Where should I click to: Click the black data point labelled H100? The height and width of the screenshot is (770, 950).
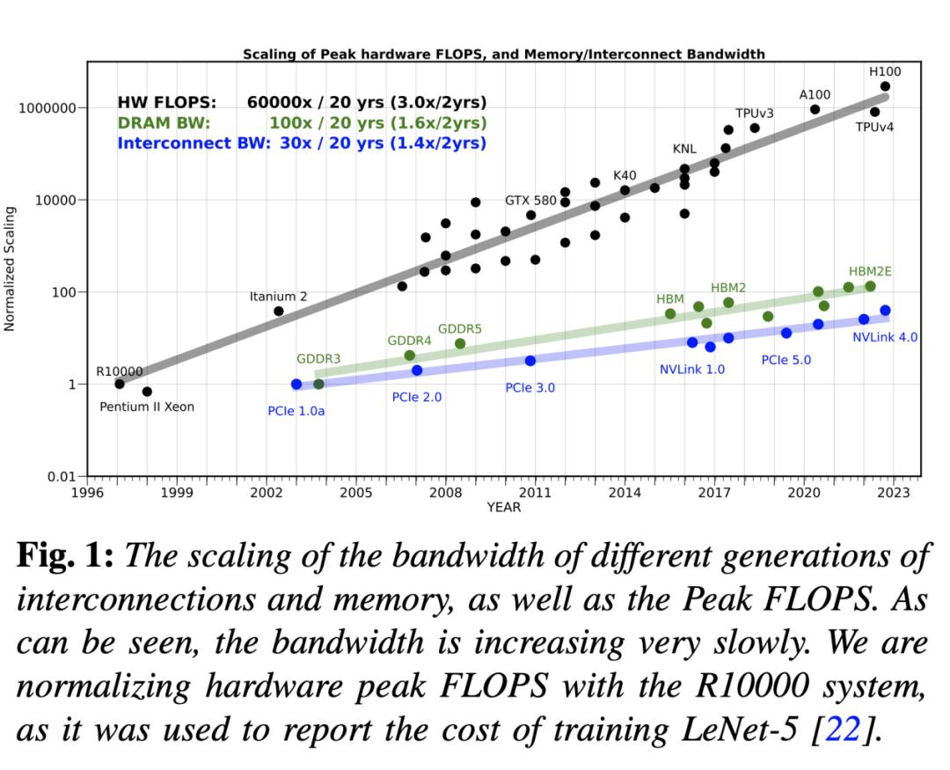pos(885,86)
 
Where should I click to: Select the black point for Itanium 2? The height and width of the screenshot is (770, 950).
pos(279,311)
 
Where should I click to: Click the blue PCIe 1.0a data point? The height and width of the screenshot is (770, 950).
pos(296,385)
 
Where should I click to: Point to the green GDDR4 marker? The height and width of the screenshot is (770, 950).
pos(409,356)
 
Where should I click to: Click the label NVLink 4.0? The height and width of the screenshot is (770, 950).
pos(885,337)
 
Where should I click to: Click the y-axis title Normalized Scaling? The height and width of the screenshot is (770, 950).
pos(11,268)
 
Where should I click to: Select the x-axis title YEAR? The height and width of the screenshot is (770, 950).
pos(503,507)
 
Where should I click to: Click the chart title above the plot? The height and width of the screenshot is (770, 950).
pos(503,54)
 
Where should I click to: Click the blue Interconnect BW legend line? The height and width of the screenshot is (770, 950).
pos(302,143)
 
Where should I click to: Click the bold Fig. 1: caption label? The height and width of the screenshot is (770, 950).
pos(66,557)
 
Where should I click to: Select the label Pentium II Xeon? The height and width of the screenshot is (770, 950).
pos(147,407)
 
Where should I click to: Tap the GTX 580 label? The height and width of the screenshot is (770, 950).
pos(530,201)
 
